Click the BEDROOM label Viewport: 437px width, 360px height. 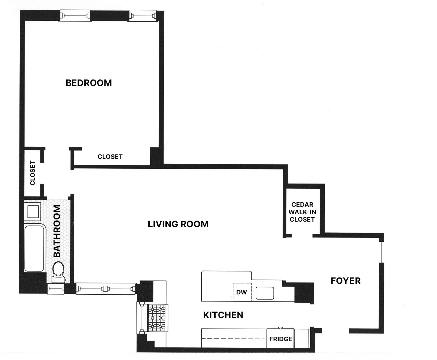pyautogui.click(x=89, y=83)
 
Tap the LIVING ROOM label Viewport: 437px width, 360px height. pyautogui.click(x=178, y=224)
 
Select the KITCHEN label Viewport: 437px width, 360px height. pyautogui.click(x=223, y=315)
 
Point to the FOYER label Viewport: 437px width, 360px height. pyautogui.click(x=346, y=281)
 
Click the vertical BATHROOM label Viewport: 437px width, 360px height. pyautogui.click(x=57, y=231)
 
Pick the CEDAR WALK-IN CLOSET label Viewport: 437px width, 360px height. pyautogui.click(x=302, y=212)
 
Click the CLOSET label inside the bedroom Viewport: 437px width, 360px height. pyautogui.click(x=110, y=157)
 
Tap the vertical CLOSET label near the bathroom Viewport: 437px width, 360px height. pyautogui.click(x=33, y=173)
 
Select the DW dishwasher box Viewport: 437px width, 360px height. pyautogui.click(x=242, y=292)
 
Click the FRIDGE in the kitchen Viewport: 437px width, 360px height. pyautogui.click(x=281, y=339)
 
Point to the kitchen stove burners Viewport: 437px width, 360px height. pyautogui.click(x=157, y=318)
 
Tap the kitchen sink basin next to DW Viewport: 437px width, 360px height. pyautogui.click(x=265, y=293)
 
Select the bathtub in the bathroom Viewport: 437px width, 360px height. pyautogui.click(x=34, y=248)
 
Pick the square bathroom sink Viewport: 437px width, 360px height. pyautogui.click(x=33, y=211)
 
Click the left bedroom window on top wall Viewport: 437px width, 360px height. pyautogui.click(x=75, y=16)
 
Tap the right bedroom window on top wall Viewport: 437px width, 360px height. pyautogui.click(x=143, y=16)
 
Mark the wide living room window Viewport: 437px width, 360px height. pyautogui.click(x=105, y=289)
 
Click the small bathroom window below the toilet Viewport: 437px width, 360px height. pyautogui.click(x=55, y=289)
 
